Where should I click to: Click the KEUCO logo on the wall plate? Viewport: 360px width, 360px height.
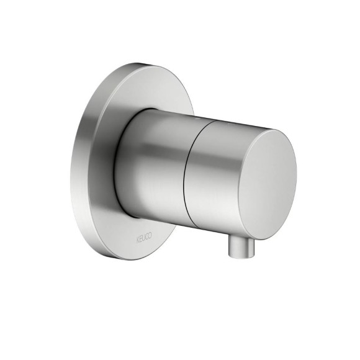144,238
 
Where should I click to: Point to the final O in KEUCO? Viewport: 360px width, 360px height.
150,236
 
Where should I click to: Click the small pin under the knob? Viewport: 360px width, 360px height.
241,248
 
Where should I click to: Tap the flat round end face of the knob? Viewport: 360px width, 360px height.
268,184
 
